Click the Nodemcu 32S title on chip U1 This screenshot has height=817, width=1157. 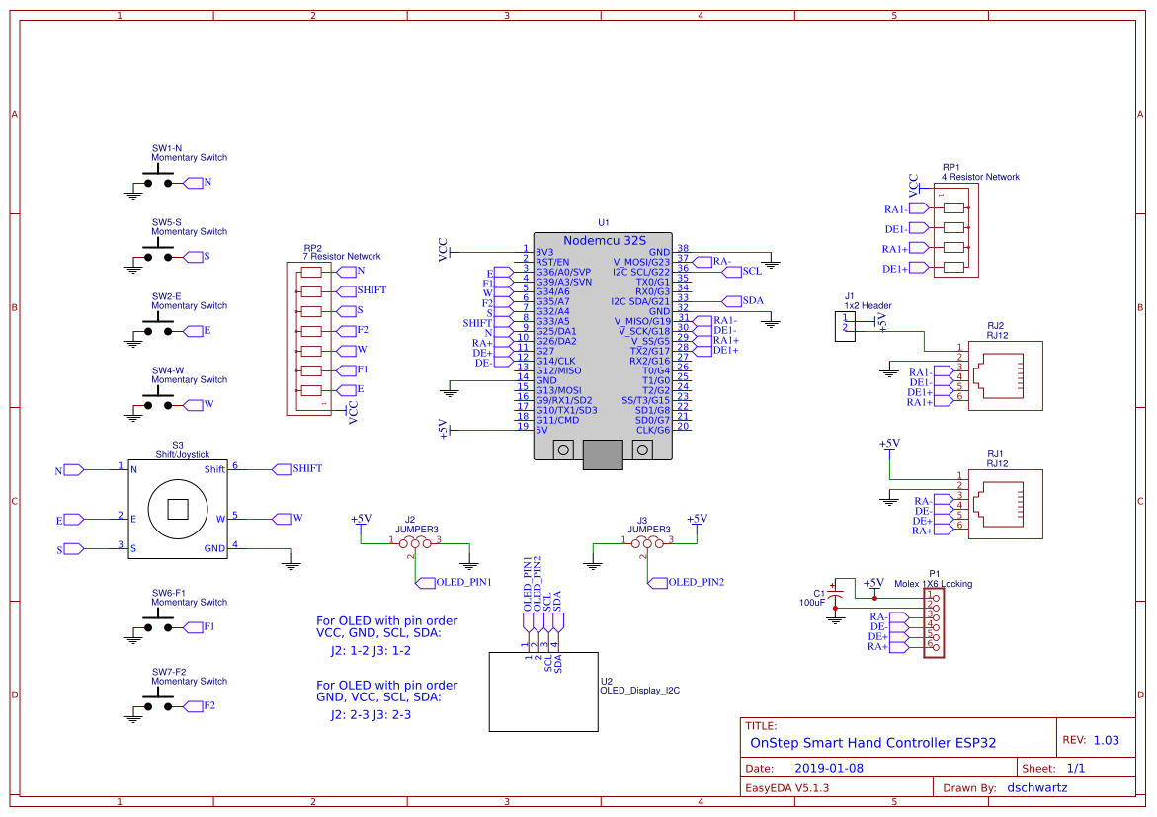click(605, 241)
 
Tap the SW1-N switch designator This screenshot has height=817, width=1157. click(167, 148)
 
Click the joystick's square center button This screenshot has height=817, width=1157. click(178, 509)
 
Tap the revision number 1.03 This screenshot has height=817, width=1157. click(1106, 740)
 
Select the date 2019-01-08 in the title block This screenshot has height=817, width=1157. click(829, 769)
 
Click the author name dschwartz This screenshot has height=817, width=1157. click(1037, 788)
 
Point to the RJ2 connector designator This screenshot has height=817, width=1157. click(995, 325)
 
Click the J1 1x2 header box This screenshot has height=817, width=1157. click(845, 327)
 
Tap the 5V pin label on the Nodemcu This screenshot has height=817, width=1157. click(541, 430)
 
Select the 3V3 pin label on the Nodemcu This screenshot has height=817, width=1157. click(544, 252)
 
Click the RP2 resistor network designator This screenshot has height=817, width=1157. click(313, 249)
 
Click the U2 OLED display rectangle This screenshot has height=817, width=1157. click(543, 692)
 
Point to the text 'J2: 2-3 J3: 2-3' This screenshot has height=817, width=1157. click(371, 715)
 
